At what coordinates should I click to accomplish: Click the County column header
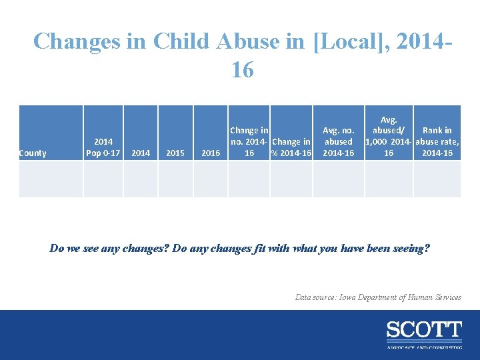(x=33, y=153)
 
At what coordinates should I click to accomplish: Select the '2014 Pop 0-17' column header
(x=103, y=147)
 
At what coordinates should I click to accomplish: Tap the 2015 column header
(x=175, y=153)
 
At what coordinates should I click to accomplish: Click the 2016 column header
(x=211, y=153)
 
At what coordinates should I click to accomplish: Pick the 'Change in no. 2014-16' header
(x=249, y=141)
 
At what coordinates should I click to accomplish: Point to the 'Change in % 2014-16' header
(x=291, y=147)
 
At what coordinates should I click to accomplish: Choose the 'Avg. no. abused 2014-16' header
(x=338, y=141)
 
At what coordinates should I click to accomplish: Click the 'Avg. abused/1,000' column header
(x=388, y=136)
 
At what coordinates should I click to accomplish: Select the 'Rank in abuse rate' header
(x=437, y=141)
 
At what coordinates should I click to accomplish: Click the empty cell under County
(x=50, y=180)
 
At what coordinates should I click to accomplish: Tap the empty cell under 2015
(x=175, y=180)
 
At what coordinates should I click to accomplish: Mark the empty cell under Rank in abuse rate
(x=437, y=180)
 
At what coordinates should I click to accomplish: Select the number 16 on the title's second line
(x=242, y=69)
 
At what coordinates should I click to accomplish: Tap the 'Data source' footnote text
(x=378, y=297)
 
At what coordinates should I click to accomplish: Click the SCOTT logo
(x=423, y=331)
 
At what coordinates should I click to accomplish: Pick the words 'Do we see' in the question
(x=72, y=249)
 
